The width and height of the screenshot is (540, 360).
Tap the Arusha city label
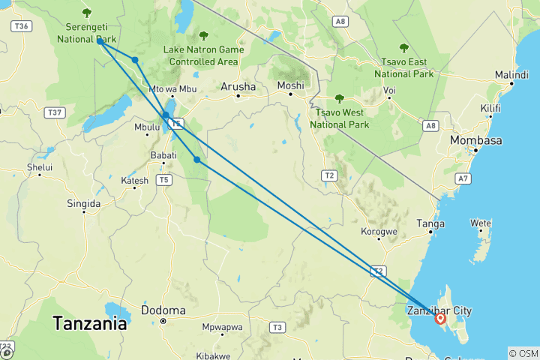tap(238, 87)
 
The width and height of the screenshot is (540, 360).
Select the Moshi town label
tap(290, 85)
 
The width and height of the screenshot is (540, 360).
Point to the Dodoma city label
tap(163, 310)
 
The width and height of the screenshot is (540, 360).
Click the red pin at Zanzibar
tap(440, 319)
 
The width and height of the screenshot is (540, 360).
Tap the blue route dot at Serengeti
tap(100, 41)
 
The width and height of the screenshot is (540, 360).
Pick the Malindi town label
tap(511, 75)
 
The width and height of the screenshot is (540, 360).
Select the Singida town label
tap(83, 203)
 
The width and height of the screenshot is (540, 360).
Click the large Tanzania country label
tap(89, 325)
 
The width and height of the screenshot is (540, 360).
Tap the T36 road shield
tap(21, 26)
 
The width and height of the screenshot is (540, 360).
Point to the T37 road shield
tap(54, 112)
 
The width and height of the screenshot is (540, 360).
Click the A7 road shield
tap(464, 178)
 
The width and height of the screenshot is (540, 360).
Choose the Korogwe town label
tap(379, 232)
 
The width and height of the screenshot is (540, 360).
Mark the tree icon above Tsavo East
tap(404, 48)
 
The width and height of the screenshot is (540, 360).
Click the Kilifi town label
tap(491, 109)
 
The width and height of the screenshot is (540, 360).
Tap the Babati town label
tap(163, 155)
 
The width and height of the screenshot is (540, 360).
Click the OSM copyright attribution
tap(523, 352)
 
